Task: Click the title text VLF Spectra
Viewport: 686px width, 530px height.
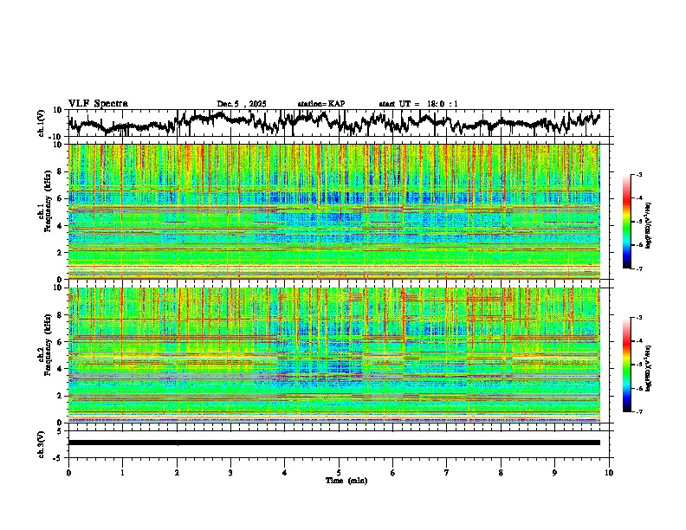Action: coord(98,104)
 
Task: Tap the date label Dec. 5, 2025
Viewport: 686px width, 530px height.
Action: coord(242,104)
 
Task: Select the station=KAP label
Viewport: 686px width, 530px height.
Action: coord(320,104)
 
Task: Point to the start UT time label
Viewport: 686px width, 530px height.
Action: coord(418,104)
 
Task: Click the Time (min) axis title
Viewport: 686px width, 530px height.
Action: coord(339,480)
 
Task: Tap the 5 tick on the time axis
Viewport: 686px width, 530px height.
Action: coord(339,472)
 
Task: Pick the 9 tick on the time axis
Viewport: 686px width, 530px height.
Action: coord(555,472)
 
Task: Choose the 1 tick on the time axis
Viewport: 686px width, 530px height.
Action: coord(122,472)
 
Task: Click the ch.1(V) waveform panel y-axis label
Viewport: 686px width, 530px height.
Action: coord(42,123)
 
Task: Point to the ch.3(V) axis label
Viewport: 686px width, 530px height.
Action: coord(42,443)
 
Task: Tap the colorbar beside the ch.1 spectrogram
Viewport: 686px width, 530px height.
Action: coord(634,222)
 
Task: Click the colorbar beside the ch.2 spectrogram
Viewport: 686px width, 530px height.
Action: coord(634,365)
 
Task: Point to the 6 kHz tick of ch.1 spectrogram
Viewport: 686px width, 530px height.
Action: coord(62,198)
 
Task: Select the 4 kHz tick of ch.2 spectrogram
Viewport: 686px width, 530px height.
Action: coord(62,369)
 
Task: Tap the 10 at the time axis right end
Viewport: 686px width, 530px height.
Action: coord(609,472)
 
